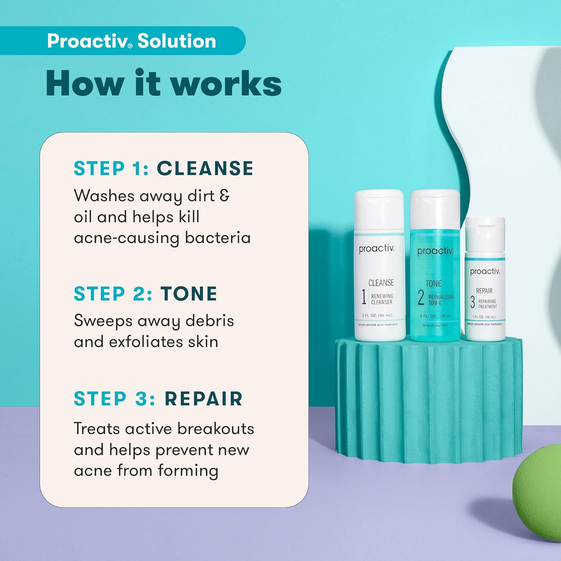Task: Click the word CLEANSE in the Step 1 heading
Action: coord(205,168)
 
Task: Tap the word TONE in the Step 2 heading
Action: coord(189,294)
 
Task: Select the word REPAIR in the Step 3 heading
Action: coord(204,399)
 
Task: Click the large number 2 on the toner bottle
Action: coord(421,298)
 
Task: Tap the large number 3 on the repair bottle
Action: coord(472,302)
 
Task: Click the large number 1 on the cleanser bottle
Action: coord(364,297)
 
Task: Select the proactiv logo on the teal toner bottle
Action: coord(435,251)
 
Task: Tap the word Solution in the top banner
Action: coord(177,41)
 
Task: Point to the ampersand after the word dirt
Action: coord(224,195)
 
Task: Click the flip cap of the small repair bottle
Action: coord(485,234)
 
